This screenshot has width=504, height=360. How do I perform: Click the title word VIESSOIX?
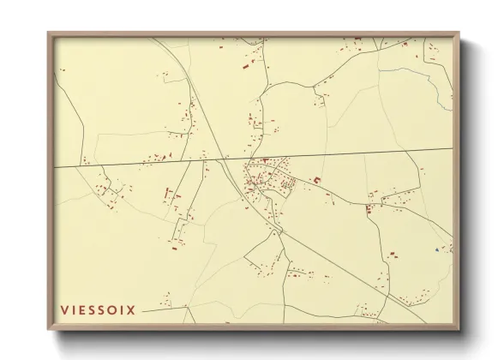[98, 310]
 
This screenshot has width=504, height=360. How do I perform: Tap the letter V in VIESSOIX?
[64, 310]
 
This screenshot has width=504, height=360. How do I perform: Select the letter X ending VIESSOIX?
[130, 310]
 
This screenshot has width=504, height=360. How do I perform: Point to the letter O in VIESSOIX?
[111, 310]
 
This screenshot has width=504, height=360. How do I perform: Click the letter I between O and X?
[122, 310]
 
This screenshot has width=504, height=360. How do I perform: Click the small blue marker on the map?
[437, 249]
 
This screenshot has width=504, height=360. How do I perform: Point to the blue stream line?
[429, 82]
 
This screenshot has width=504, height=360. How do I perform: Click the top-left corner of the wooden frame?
[49, 33]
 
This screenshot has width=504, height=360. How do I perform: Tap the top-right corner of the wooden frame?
[458, 33]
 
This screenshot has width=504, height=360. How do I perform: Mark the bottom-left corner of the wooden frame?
[49, 328]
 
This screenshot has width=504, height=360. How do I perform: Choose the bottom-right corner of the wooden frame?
[458, 328]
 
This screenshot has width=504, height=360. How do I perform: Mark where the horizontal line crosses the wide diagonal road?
[225, 159]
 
